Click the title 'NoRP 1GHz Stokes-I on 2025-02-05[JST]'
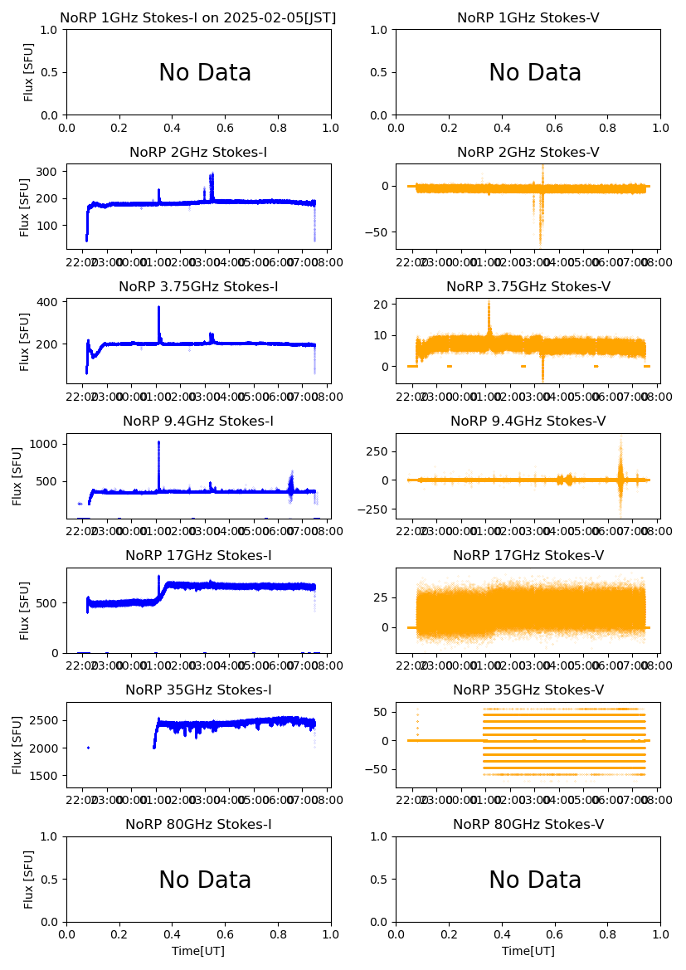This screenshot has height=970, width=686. [198, 17]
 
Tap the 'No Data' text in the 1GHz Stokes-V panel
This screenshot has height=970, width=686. [535, 73]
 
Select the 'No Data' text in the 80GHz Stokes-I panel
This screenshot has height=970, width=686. [205, 880]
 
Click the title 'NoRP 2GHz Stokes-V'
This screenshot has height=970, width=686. [528, 153]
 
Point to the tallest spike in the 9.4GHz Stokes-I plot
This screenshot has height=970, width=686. [158, 443]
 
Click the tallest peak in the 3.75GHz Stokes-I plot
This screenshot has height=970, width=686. [158, 308]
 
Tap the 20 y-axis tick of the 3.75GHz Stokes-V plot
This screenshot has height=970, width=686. [382, 305]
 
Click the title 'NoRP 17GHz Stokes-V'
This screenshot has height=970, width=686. [528, 556]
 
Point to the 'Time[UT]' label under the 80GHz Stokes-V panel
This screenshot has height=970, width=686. [528, 951]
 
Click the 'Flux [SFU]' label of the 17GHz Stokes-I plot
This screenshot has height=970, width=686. [26, 611]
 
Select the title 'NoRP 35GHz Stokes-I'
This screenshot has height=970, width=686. [198, 690]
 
